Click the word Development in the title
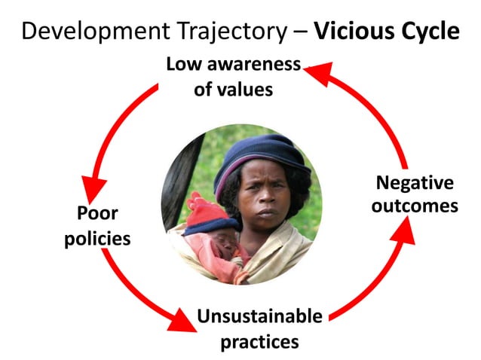85,32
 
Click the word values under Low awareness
243,90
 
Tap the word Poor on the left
97,213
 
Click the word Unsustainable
259,316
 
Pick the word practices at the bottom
259,341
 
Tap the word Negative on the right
415,182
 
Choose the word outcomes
415,205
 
